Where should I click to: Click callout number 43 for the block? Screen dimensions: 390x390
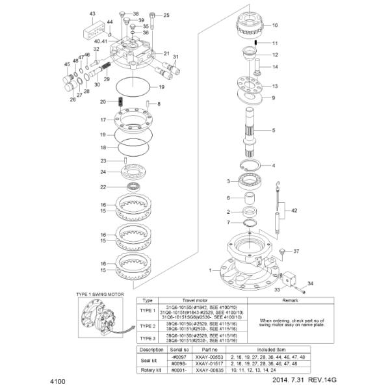click(x=92, y=14)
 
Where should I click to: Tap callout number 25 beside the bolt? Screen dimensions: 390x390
click(x=166, y=15)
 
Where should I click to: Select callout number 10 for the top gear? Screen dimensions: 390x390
click(x=274, y=25)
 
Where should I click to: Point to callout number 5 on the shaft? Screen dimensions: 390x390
click(x=273, y=131)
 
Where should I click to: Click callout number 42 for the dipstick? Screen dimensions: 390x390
click(x=294, y=211)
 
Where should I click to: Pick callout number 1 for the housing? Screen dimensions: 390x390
click(x=210, y=268)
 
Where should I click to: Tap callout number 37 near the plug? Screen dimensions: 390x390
click(x=296, y=251)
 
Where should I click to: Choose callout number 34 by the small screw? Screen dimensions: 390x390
click(x=310, y=283)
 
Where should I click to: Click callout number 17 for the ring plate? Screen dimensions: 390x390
click(x=103, y=120)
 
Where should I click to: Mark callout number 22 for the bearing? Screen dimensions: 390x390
click(x=103, y=187)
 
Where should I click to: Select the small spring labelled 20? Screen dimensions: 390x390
click(x=121, y=101)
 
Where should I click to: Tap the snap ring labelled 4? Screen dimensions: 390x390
click(x=250, y=165)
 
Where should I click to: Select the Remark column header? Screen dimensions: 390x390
click(x=290, y=301)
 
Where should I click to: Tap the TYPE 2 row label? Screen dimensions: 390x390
click(x=148, y=326)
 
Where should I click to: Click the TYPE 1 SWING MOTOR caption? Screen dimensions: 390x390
click(x=105, y=295)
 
